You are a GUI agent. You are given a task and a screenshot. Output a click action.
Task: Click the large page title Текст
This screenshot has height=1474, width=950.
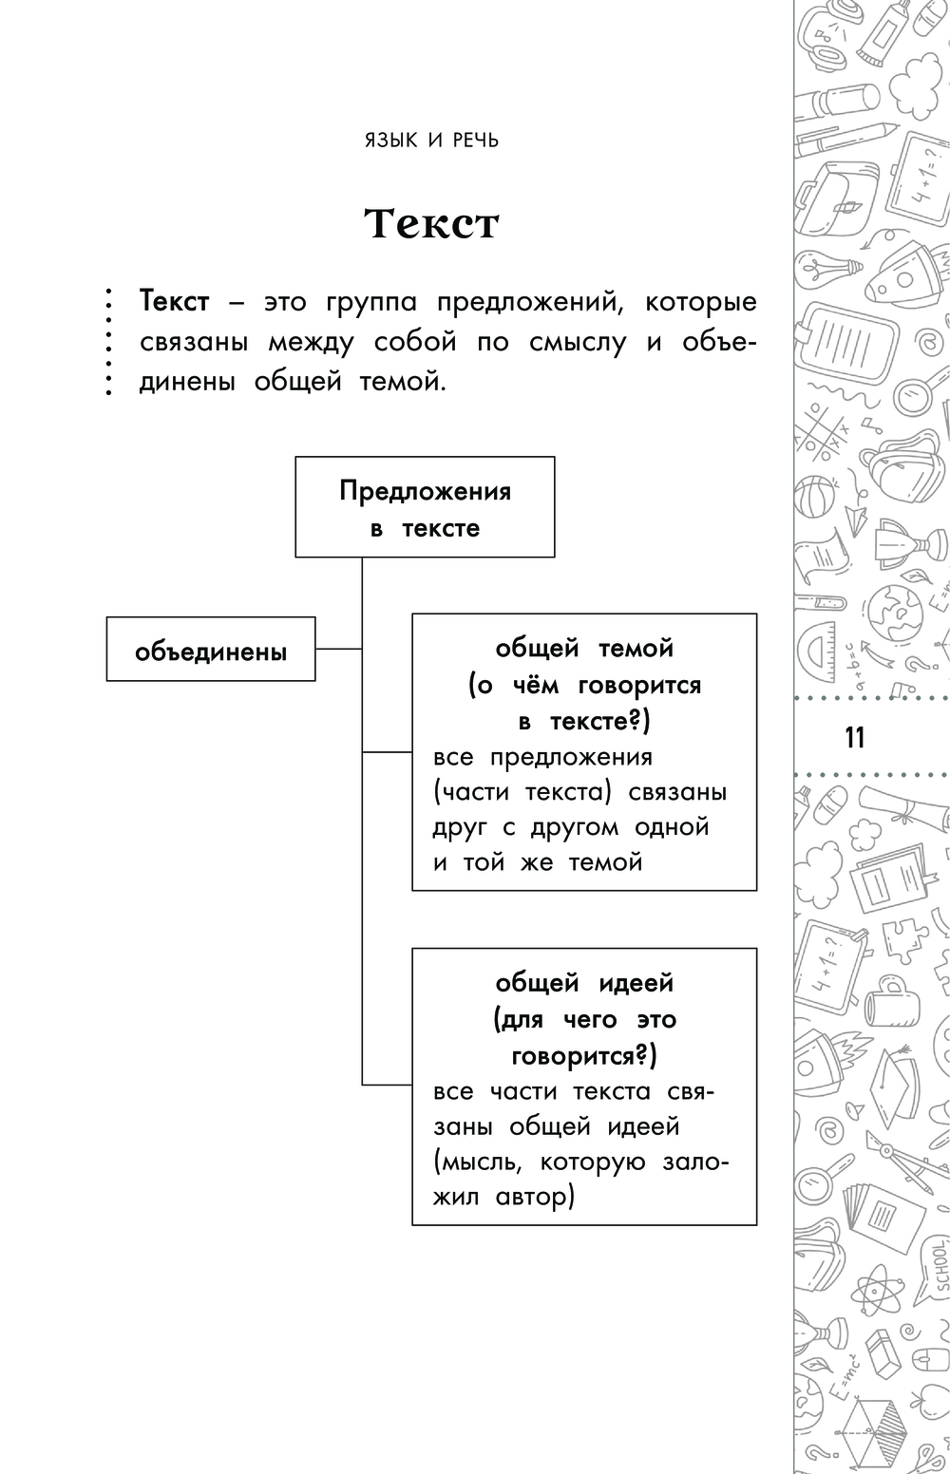[432, 224]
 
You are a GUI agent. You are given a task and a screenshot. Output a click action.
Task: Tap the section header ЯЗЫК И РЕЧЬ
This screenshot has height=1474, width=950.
[432, 141]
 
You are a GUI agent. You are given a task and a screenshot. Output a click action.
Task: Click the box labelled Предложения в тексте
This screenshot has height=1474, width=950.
[425, 507]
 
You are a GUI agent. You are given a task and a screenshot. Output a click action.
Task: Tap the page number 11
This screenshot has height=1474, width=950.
[854, 736]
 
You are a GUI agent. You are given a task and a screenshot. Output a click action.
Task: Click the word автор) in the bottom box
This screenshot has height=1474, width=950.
[536, 1197]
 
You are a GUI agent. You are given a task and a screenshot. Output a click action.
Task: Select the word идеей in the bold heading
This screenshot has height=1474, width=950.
[636, 982]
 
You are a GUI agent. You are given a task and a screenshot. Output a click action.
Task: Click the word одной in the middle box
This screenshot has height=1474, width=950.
[672, 827]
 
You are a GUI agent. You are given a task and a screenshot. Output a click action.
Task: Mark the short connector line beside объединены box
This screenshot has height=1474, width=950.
[338, 649]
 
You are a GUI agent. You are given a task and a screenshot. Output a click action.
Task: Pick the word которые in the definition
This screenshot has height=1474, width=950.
[700, 303]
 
